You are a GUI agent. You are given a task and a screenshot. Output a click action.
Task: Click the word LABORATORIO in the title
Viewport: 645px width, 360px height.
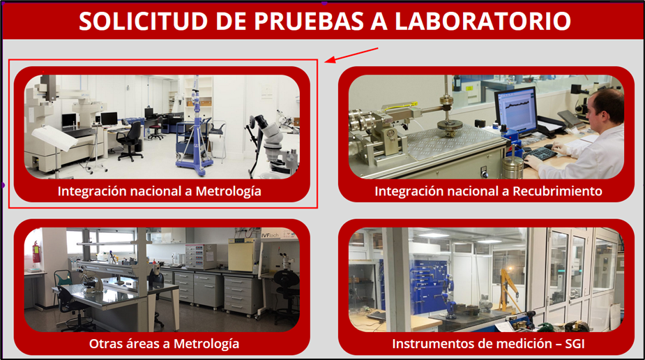tap(483, 21)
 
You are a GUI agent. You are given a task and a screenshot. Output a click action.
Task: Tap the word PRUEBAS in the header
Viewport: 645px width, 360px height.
tap(308, 21)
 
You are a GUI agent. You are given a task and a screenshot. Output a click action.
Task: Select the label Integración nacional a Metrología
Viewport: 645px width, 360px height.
tap(159, 191)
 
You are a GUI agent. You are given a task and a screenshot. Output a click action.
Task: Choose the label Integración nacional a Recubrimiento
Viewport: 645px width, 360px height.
tap(488, 191)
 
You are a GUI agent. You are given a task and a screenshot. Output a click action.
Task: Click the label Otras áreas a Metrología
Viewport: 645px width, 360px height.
tap(164, 343)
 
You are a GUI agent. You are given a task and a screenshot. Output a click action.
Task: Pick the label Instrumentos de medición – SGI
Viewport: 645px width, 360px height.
tap(488, 343)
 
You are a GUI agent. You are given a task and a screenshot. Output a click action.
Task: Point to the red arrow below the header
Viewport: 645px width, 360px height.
tap(351, 55)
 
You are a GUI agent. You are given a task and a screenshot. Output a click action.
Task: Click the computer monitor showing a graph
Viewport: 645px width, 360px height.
tap(516, 110)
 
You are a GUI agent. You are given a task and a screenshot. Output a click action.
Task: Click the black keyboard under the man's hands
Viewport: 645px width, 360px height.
tap(540, 153)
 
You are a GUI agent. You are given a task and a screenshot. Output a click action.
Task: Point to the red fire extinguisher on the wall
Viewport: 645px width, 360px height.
tap(37, 251)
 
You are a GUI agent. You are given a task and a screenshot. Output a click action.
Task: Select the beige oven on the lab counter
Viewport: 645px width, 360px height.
tap(242, 255)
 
